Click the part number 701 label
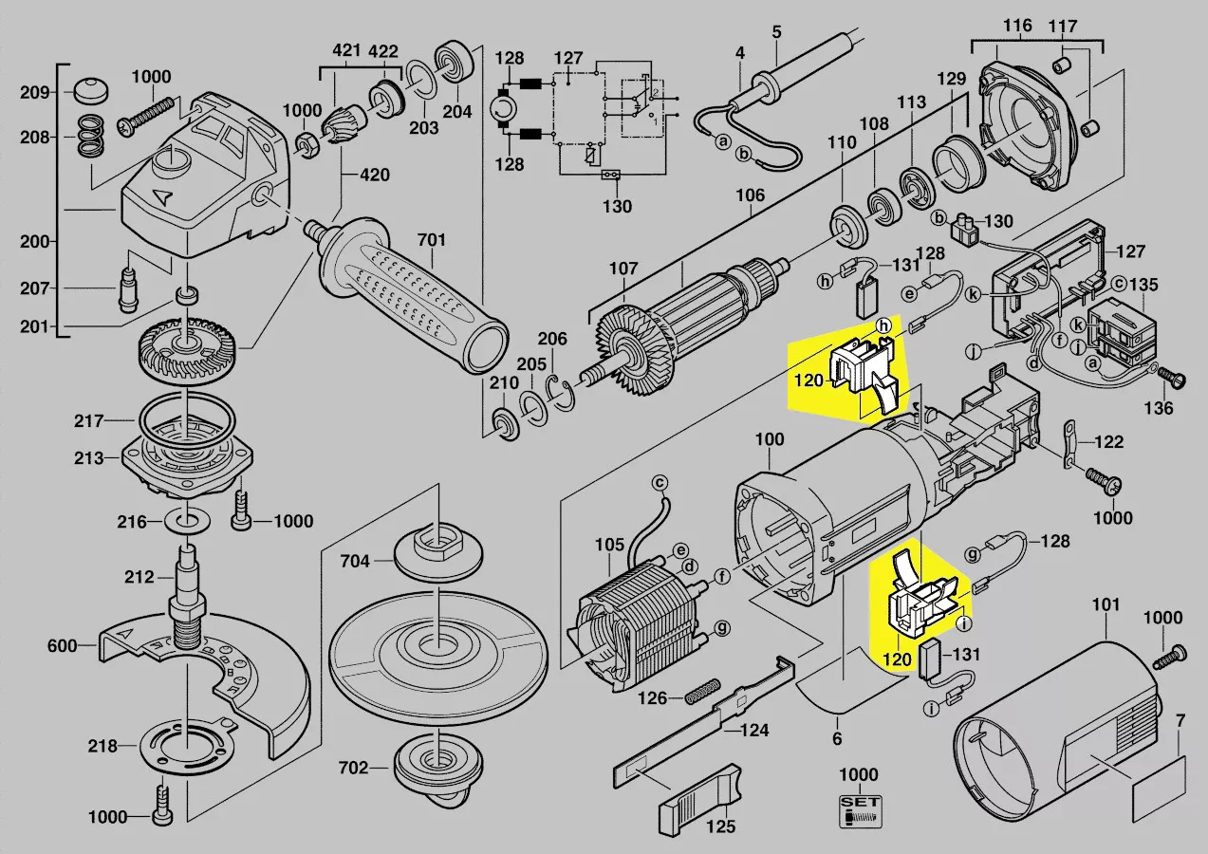432,240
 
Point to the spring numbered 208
89,136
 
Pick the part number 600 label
61,647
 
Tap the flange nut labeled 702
436,766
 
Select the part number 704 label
355,561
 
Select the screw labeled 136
1170,378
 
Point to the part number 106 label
750,196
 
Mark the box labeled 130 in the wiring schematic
611,175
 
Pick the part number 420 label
375,175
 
